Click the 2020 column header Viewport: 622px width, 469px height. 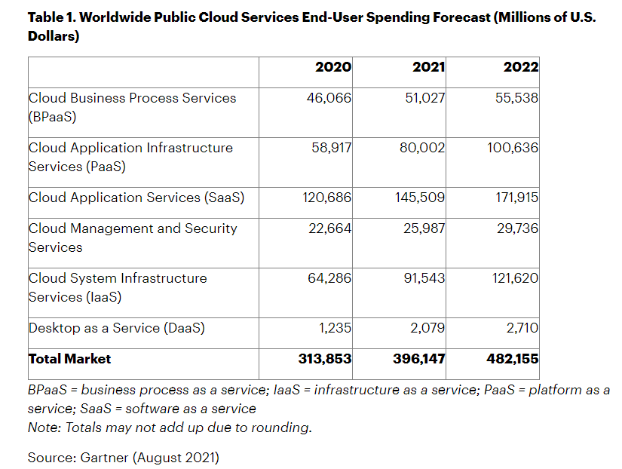coord(332,67)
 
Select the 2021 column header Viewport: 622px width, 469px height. coord(428,67)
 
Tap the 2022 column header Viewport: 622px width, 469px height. coord(521,67)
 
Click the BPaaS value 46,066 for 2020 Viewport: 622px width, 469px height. coord(329,98)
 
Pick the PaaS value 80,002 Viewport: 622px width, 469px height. coord(422,148)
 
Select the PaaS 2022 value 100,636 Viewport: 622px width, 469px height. coord(513,148)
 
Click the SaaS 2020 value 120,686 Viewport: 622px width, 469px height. coord(326,198)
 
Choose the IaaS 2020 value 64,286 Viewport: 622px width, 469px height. coord(329,278)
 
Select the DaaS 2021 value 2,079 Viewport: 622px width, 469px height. coord(427,328)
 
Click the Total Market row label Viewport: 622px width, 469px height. coord(69,359)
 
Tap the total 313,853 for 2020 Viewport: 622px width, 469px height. coord(325,359)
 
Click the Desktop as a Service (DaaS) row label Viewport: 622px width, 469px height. coord(117,328)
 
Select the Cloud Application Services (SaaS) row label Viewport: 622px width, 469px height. coord(136,198)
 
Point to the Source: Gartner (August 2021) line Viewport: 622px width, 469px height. coord(123,457)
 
